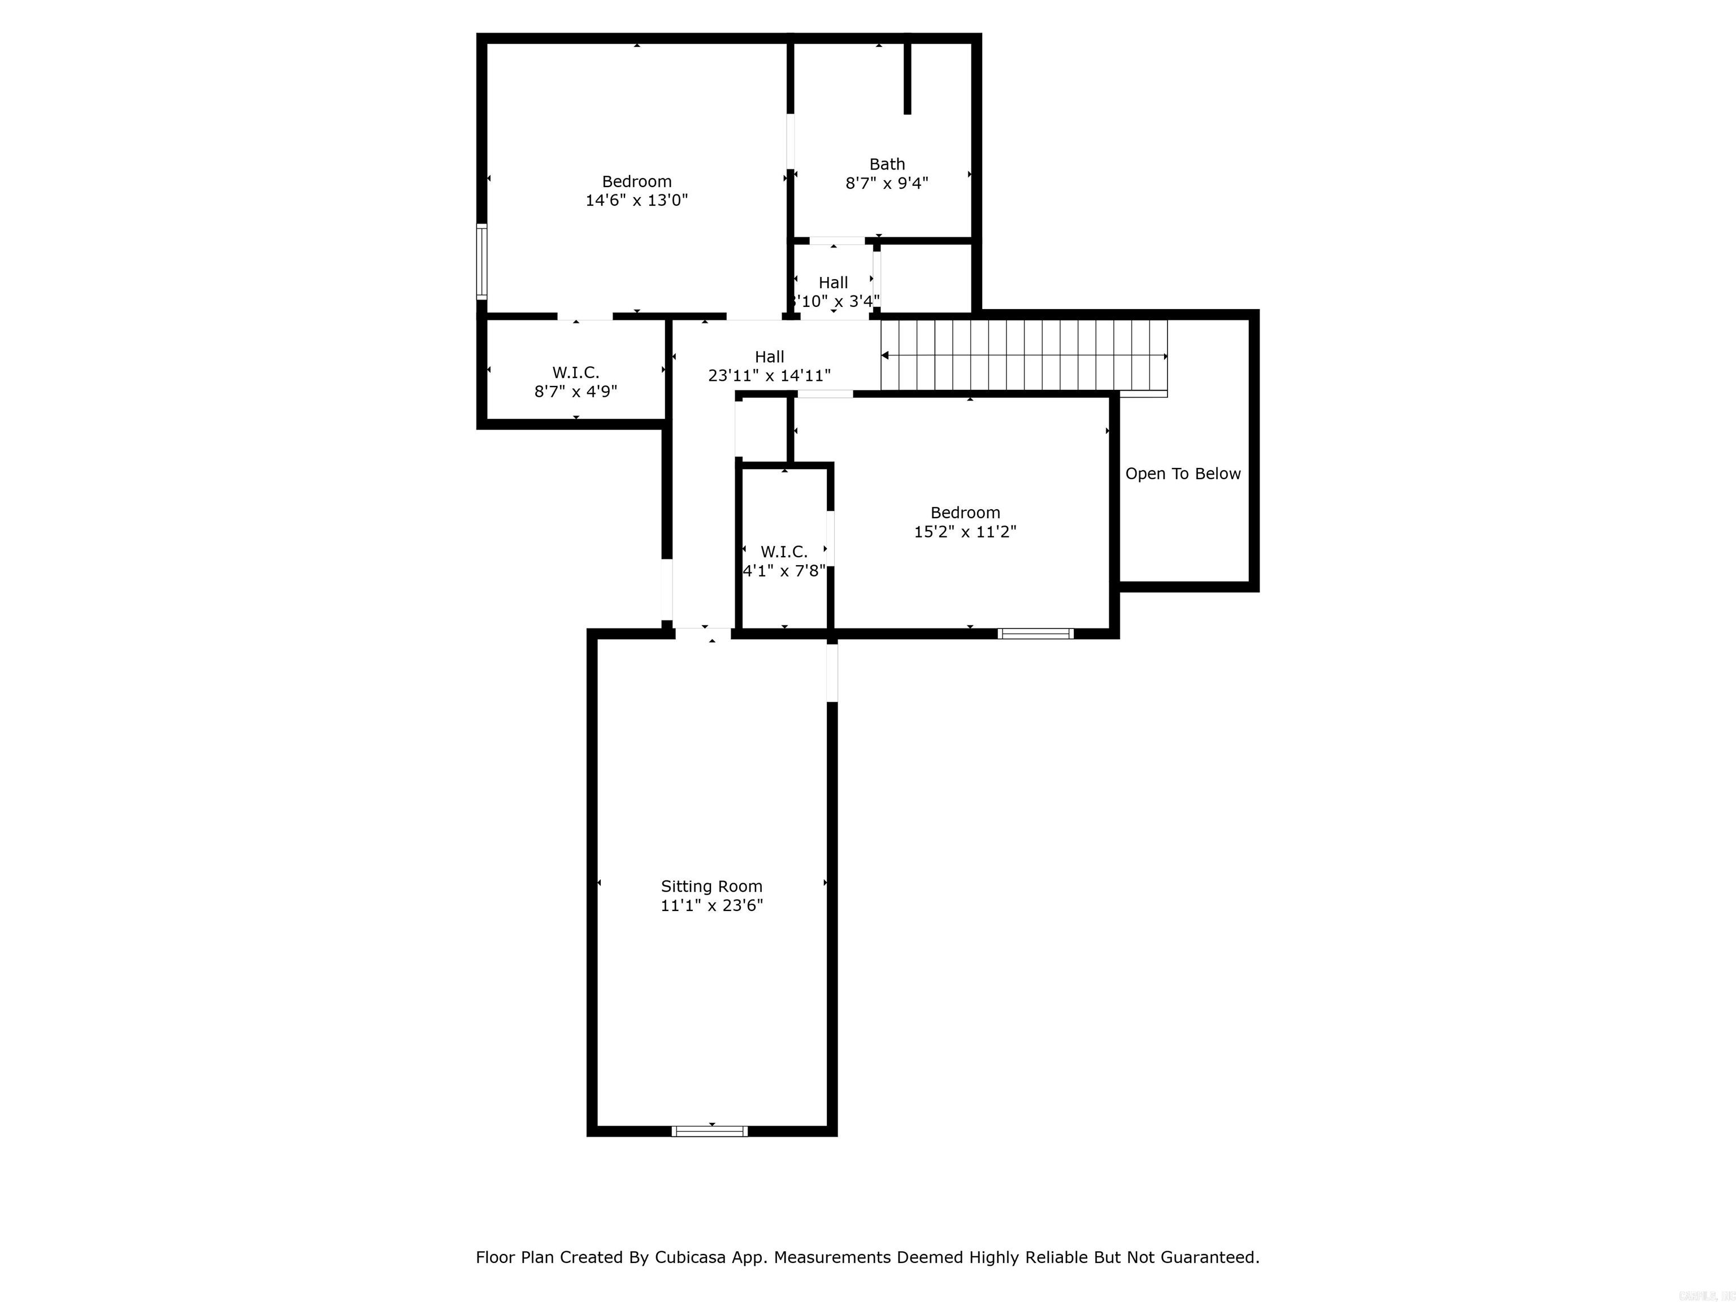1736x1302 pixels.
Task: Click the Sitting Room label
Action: coord(711,886)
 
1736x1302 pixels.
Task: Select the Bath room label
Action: coord(887,164)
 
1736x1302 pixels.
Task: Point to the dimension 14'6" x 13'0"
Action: coord(636,200)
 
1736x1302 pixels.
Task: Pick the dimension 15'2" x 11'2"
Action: coord(965,531)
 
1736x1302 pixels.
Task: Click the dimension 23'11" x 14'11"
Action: coord(769,376)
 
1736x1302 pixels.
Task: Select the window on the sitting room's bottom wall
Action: coord(709,1131)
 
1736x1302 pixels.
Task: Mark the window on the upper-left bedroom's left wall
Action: coord(482,261)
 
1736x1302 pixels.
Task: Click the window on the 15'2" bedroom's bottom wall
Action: coord(1035,633)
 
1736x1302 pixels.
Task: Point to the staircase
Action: coord(1023,355)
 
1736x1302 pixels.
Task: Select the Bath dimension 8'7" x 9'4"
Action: coord(886,184)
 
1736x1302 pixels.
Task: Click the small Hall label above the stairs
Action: coord(833,283)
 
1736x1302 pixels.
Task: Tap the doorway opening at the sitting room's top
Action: coord(703,633)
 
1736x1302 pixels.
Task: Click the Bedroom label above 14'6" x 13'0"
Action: coord(636,181)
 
